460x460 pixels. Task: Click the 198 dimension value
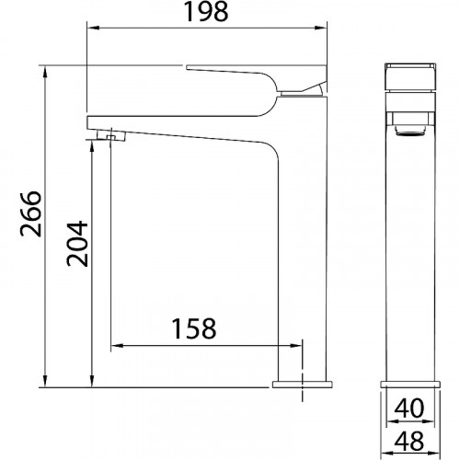coord(207,12)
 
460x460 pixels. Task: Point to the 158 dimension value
coord(194,328)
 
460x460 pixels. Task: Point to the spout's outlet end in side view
coord(92,122)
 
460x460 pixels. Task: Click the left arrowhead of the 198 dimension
coord(91,28)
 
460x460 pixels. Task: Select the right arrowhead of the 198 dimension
coord(324,28)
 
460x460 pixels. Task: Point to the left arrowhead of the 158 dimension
coord(116,347)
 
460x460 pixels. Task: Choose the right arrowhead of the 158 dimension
coord(296,347)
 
